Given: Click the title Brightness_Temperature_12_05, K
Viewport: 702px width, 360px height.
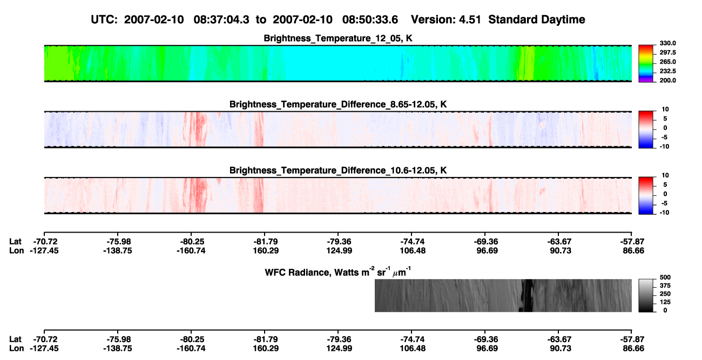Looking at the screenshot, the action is pyautogui.click(x=338, y=38).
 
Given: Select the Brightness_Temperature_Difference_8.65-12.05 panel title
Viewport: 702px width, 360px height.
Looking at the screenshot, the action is pyautogui.click(x=338, y=104).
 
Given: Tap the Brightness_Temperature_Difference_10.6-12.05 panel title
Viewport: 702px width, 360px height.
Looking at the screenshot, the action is pyautogui.click(x=338, y=171).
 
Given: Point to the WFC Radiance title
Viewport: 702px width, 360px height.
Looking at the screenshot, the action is pyautogui.click(x=338, y=272).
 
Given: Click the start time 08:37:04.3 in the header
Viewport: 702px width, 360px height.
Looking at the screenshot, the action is pyautogui.click(x=221, y=19).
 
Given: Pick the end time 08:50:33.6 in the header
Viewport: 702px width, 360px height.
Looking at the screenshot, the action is pyautogui.click(x=370, y=19).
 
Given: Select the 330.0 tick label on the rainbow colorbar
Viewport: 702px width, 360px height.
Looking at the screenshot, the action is pyautogui.click(x=667, y=43).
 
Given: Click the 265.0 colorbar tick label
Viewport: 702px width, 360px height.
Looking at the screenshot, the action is pyautogui.click(x=667, y=62).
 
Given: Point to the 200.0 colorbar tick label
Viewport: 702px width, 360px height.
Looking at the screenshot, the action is pyautogui.click(x=667, y=80).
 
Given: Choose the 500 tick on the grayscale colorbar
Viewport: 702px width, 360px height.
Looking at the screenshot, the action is pyautogui.click(x=665, y=277).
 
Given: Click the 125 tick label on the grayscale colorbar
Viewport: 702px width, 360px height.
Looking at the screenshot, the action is pyautogui.click(x=665, y=302).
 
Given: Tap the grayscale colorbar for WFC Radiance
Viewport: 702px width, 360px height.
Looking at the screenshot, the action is pyautogui.click(x=646, y=295).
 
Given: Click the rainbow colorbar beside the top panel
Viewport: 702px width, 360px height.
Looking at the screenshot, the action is pyautogui.click(x=646, y=64).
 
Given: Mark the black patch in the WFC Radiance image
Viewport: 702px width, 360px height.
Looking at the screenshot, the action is pyautogui.click(x=527, y=295).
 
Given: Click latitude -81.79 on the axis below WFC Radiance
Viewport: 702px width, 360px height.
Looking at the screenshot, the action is pyautogui.click(x=266, y=339).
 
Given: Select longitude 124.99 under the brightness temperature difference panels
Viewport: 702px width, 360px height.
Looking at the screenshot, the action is pyautogui.click(x=339, y=250).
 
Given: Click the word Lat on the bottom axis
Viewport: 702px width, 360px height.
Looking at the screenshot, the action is pyautogui.click(x=15, y=339).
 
